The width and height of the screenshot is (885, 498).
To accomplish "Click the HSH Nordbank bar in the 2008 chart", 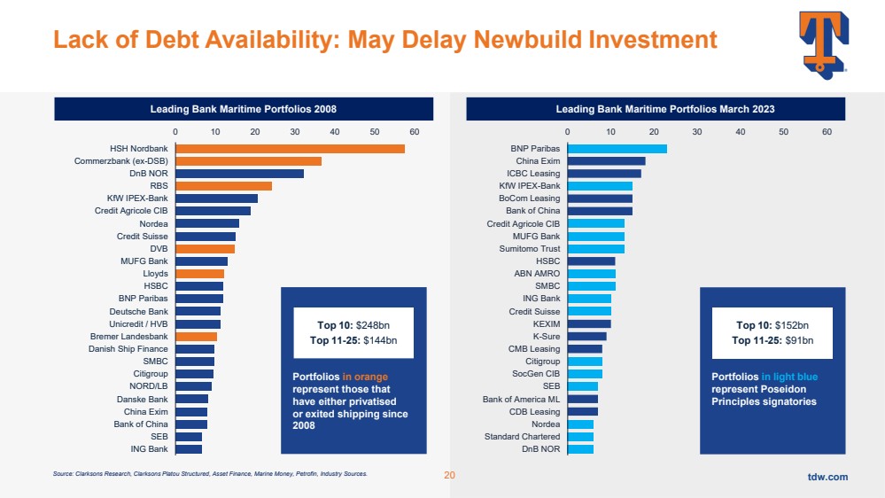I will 290,148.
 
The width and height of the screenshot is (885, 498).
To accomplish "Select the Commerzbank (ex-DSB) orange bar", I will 248,161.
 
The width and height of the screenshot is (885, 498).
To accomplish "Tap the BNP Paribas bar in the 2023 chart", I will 617,148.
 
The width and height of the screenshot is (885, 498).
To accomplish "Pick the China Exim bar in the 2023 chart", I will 606,161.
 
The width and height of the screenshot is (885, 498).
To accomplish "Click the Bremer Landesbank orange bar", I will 196,337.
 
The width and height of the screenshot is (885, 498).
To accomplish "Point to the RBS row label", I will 159,186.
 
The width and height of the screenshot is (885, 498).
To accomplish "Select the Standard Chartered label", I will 522,437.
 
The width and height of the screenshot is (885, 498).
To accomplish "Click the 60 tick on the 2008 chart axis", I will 415,131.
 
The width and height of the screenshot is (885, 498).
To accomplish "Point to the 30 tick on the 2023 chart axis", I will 697,131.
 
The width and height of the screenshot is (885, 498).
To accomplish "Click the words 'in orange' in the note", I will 366,377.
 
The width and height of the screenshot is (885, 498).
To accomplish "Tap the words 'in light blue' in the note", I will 789,377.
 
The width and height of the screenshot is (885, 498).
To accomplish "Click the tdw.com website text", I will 827,477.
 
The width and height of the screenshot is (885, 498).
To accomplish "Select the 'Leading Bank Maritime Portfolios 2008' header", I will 244,109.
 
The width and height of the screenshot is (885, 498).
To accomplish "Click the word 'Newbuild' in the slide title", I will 526,39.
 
